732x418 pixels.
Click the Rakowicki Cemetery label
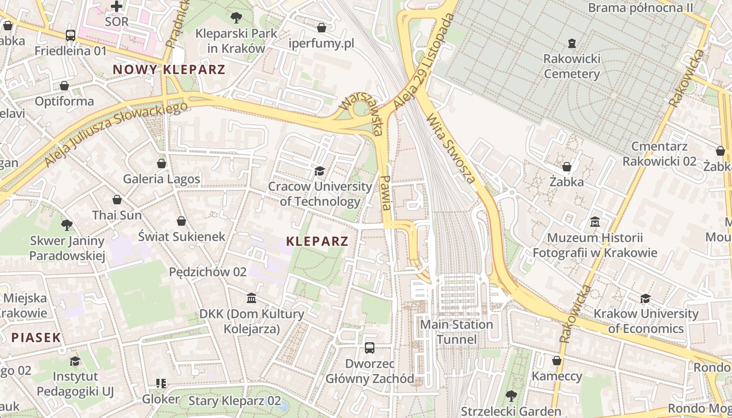click(x=571, y=66)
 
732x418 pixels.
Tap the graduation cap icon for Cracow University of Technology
click(x=319, y=171)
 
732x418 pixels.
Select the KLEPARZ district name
click(x=317, y=241)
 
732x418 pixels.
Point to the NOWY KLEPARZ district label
click(x=169, y=69)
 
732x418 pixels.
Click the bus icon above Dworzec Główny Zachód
click(x=370, y=347)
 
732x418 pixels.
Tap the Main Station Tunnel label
click(x=457, y=332)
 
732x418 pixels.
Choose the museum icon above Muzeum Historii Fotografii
click(x=594, y=222)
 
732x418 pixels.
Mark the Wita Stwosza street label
click(x=451, y=149)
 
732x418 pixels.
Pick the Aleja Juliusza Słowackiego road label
click(x=116, y=134)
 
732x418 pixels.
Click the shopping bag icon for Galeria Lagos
click(x=162, y=164)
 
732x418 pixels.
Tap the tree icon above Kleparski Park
click(x=236, y=17)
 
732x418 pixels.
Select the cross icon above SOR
click(x=117, y=6)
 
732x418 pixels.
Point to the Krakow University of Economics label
click(x=646, y=321)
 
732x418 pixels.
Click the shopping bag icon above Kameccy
click(x=557, y=361)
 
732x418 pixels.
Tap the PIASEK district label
click(x=37, y=338)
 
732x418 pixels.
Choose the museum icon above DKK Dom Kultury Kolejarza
click(x=251, y=298)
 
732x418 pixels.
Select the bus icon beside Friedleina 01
click(x=71, y=36)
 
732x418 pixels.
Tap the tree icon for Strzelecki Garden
click(x=511, y=396)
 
